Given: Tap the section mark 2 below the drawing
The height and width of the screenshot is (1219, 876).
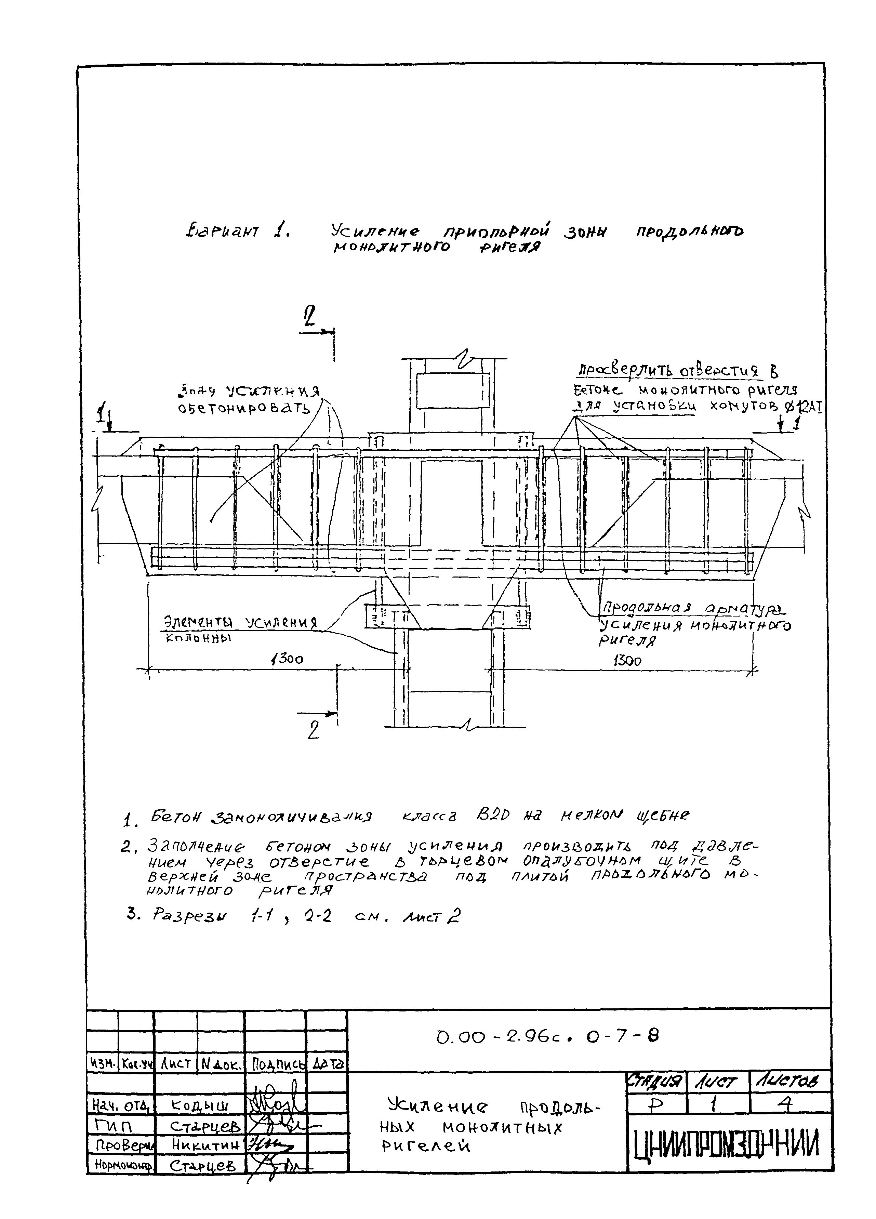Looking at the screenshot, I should (x=313, y=729).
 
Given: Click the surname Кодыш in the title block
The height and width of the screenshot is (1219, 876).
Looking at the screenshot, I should (x=199, y=1105).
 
